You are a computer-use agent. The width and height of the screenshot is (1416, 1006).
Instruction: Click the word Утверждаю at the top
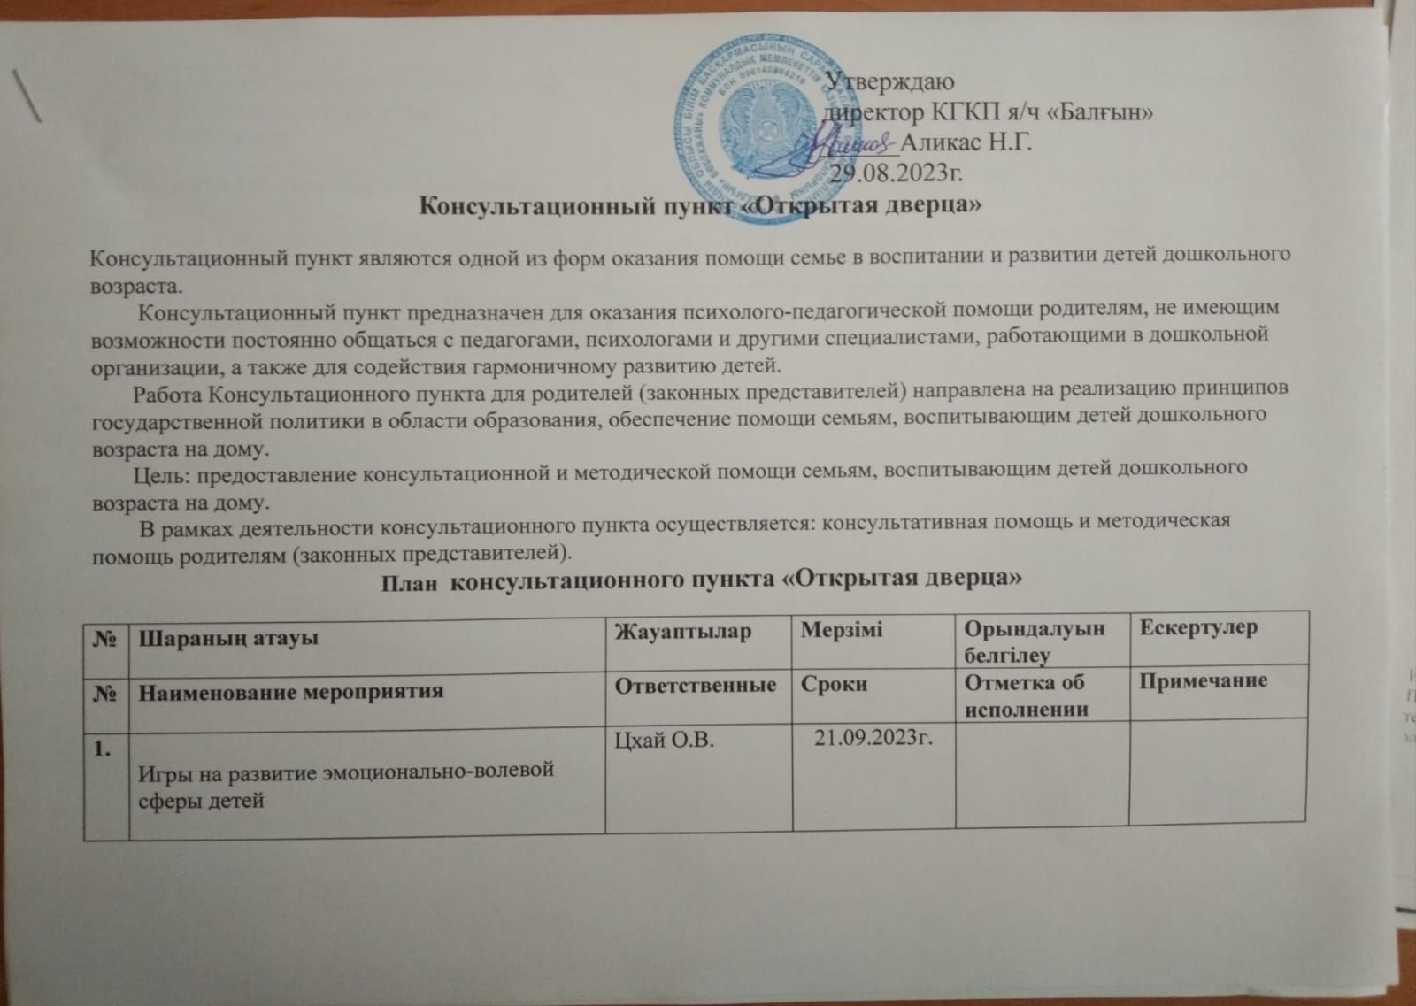(x=888, y=84)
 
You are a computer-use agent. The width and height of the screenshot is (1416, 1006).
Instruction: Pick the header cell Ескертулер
(x=1198, y=628)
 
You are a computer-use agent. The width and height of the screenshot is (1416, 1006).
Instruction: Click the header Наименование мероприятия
(x=289, y=690)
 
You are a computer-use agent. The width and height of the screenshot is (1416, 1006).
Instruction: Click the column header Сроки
(x=834, y=685)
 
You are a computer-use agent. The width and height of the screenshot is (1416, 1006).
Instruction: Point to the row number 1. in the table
(x=104, y=749)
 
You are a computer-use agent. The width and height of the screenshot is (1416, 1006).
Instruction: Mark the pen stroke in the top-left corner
(x=30, y=95)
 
